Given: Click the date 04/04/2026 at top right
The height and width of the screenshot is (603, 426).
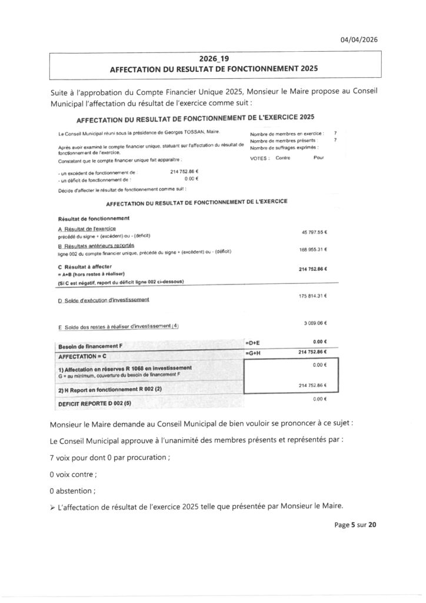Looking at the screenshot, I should pos(359,39).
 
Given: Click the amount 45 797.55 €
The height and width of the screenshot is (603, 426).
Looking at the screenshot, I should pos(314,232).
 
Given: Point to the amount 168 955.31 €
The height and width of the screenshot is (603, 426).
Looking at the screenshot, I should pos(313,249).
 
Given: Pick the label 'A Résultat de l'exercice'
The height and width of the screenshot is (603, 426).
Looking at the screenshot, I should pos(87,228).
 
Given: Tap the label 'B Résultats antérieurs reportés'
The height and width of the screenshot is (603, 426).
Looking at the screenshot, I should pos(96,246).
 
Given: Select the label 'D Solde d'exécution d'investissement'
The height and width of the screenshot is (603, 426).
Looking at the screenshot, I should pos(104,300).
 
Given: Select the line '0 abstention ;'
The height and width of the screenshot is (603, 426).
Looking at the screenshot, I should pos(75,489).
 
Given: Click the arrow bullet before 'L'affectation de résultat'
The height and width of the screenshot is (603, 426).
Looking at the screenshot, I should pos(54,505).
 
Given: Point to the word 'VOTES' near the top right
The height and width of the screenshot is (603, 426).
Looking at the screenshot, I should pos(260,158).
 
